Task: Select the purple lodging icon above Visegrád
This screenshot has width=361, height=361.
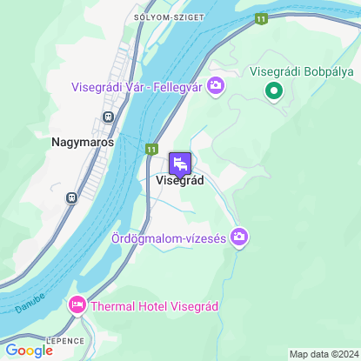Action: point(180,163)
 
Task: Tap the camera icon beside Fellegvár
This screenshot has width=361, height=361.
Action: point(216,85)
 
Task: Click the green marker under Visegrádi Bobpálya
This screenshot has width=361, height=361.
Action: point(273,90)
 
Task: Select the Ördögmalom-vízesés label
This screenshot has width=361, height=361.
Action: point(169,237)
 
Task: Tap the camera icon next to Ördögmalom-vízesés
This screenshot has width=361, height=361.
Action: point(239,237)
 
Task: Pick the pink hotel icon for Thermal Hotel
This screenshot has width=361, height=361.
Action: point(77,305)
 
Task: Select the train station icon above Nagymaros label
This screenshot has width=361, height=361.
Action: point(109,117)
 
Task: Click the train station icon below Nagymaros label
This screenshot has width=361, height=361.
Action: point(70,197)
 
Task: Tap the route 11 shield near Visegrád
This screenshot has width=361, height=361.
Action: point(151,149)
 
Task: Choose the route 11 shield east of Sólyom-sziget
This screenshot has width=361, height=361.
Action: point(261,17)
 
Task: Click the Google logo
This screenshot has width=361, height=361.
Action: point(29,350)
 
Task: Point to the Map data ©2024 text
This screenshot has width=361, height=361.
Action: point(324,354)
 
